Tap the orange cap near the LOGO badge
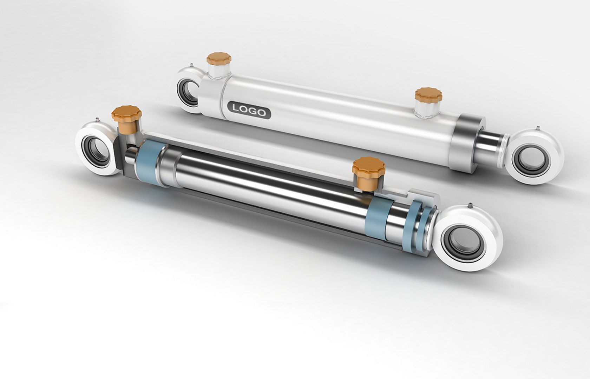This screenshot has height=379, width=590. [217, 59]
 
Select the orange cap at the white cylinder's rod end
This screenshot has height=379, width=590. [428, 94]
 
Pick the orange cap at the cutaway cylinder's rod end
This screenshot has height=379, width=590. [368, 167]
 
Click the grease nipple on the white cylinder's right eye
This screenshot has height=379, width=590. [537, 127]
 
